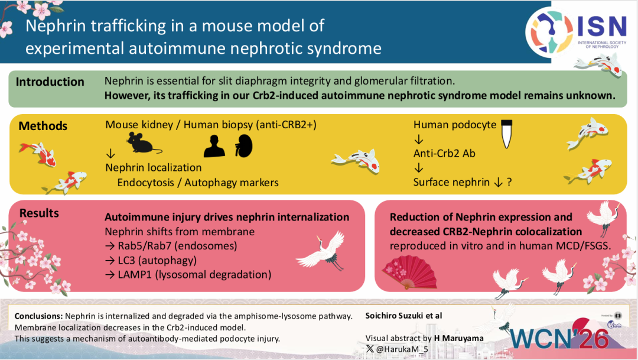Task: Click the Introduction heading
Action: [x=50, y=82]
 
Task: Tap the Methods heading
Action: [x=43, y=126]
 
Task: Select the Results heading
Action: [x=40, y=213]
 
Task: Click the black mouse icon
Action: [x=144, y=143]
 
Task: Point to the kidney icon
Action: [x=240, y=145]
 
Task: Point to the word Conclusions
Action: [x=38, y=316]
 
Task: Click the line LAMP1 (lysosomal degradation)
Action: [x=188, y=274]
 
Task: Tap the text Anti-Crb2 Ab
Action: [x=445, y=154]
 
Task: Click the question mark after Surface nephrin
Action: [x=509, y=183]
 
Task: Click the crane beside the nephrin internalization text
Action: [x=321, y=248]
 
